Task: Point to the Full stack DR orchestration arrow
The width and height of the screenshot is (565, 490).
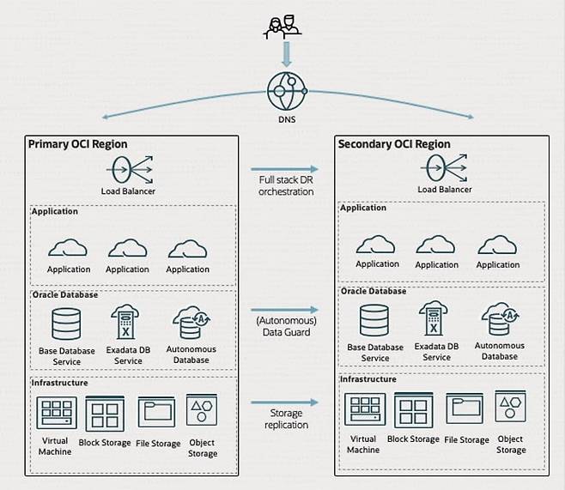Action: tap(284, 170)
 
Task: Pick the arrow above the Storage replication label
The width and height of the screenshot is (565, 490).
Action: tap(284, 401)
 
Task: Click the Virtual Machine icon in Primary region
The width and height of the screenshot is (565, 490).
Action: tap(57, 414)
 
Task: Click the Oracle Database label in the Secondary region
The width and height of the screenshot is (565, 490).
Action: tap(374, 291)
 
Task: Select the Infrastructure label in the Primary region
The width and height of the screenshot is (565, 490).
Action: tap(59, 383)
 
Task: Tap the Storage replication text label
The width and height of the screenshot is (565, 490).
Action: tap(284, 420)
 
